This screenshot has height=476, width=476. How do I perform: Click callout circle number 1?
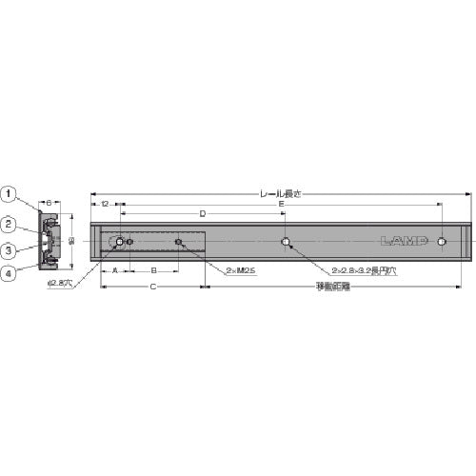[x=9, y=195]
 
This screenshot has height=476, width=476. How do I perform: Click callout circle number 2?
[x=9, y=226]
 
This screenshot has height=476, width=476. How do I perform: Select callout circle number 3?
[x=9, y=250]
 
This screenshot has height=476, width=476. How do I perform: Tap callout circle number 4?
[x=9, y=276]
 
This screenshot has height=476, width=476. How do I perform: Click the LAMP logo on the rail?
[x=407, y=241]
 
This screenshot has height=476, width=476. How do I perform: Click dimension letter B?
[x=153, y=271]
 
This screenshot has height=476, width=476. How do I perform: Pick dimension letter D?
[x=202, y=213]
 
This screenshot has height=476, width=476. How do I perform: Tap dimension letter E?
[x=280, y=204]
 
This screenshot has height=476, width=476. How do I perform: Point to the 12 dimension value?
[x=104, y=204]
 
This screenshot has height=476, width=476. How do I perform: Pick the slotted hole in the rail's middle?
[x=287, y=243]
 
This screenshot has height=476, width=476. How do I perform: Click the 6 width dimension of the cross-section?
[x=50, y=203]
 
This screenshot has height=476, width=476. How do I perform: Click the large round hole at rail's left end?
[x=119, y=243]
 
